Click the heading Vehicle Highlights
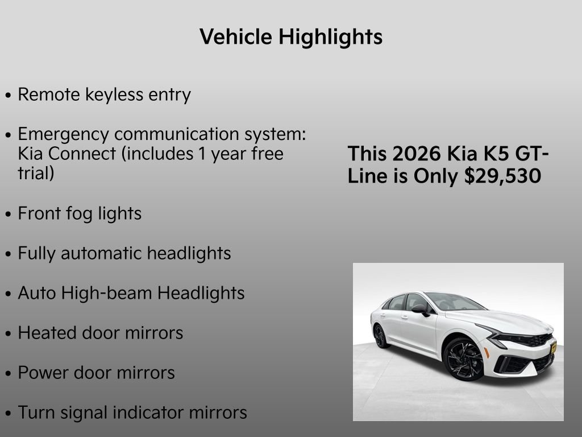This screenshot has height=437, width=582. coord(291,37)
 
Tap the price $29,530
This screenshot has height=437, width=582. coord(502,176)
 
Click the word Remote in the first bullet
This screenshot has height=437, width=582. coord(49,94)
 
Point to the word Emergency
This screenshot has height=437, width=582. coord(63,135)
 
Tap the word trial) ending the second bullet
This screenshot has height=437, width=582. coord(36,173)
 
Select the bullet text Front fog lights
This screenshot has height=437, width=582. coord(80,214)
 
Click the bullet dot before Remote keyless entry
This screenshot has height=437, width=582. coord(8,96)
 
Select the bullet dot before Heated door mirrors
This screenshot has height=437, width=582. coord(8,334)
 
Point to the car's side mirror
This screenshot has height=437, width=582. coord(421,308)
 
